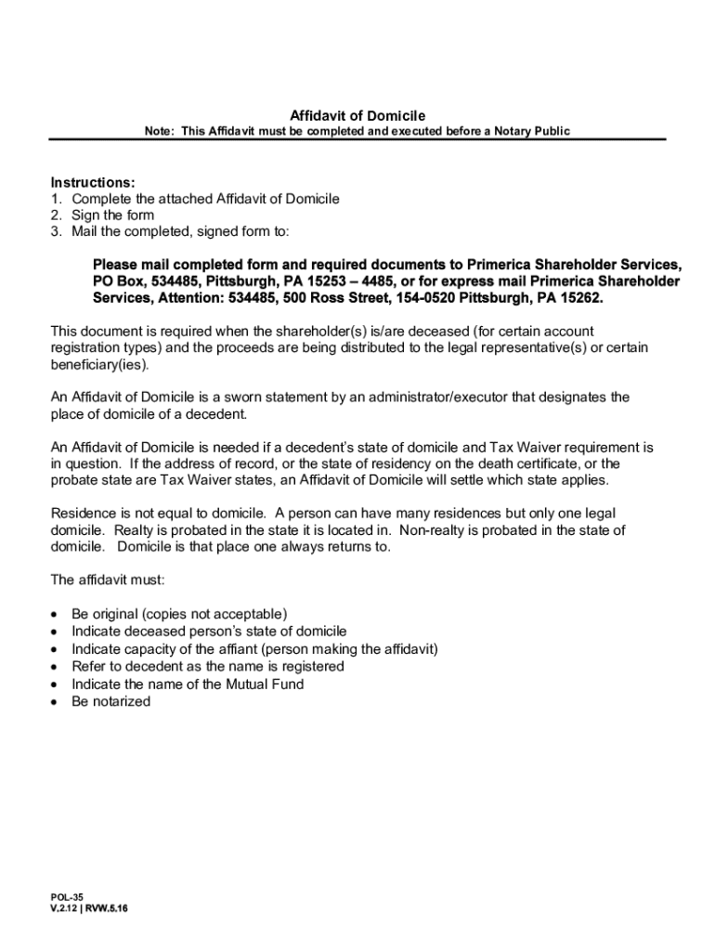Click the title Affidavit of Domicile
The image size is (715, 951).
(357, 115)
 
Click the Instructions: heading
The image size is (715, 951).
(93, 182)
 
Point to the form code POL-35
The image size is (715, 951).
(68, 897)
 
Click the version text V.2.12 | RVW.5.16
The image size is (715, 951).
(89, 909)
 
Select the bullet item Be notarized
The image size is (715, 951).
(110, 701)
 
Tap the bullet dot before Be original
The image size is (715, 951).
(57, 615)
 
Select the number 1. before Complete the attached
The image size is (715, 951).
(56, 199)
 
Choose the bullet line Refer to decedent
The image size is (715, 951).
(208, 667)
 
